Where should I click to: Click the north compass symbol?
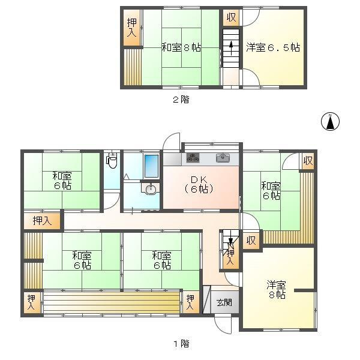pos(330,121)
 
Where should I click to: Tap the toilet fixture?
pos(112,160)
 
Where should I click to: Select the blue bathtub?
pos(151,166)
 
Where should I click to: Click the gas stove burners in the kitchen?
pos(193,158)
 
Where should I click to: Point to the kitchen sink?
pos(223,158)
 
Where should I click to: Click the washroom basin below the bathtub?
pos(150,189)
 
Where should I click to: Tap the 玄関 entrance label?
pos(224,303)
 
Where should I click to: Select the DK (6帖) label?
pos(199,184)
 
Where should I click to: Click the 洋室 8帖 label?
pos(276,290)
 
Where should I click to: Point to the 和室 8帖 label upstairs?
pos(181,48)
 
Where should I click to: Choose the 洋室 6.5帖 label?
pos(273,47)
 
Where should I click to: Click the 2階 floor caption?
pos(181,100)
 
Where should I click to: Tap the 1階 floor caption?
pos(181,344)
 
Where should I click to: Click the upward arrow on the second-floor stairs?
pos(231,48)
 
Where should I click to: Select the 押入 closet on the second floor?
pos(131,28)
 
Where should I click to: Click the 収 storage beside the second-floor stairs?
pos(231,17)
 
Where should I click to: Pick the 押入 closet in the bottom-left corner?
pos(31,302)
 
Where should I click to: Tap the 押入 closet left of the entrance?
pos(190,302)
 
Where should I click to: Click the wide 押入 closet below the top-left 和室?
pos(42,221)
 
